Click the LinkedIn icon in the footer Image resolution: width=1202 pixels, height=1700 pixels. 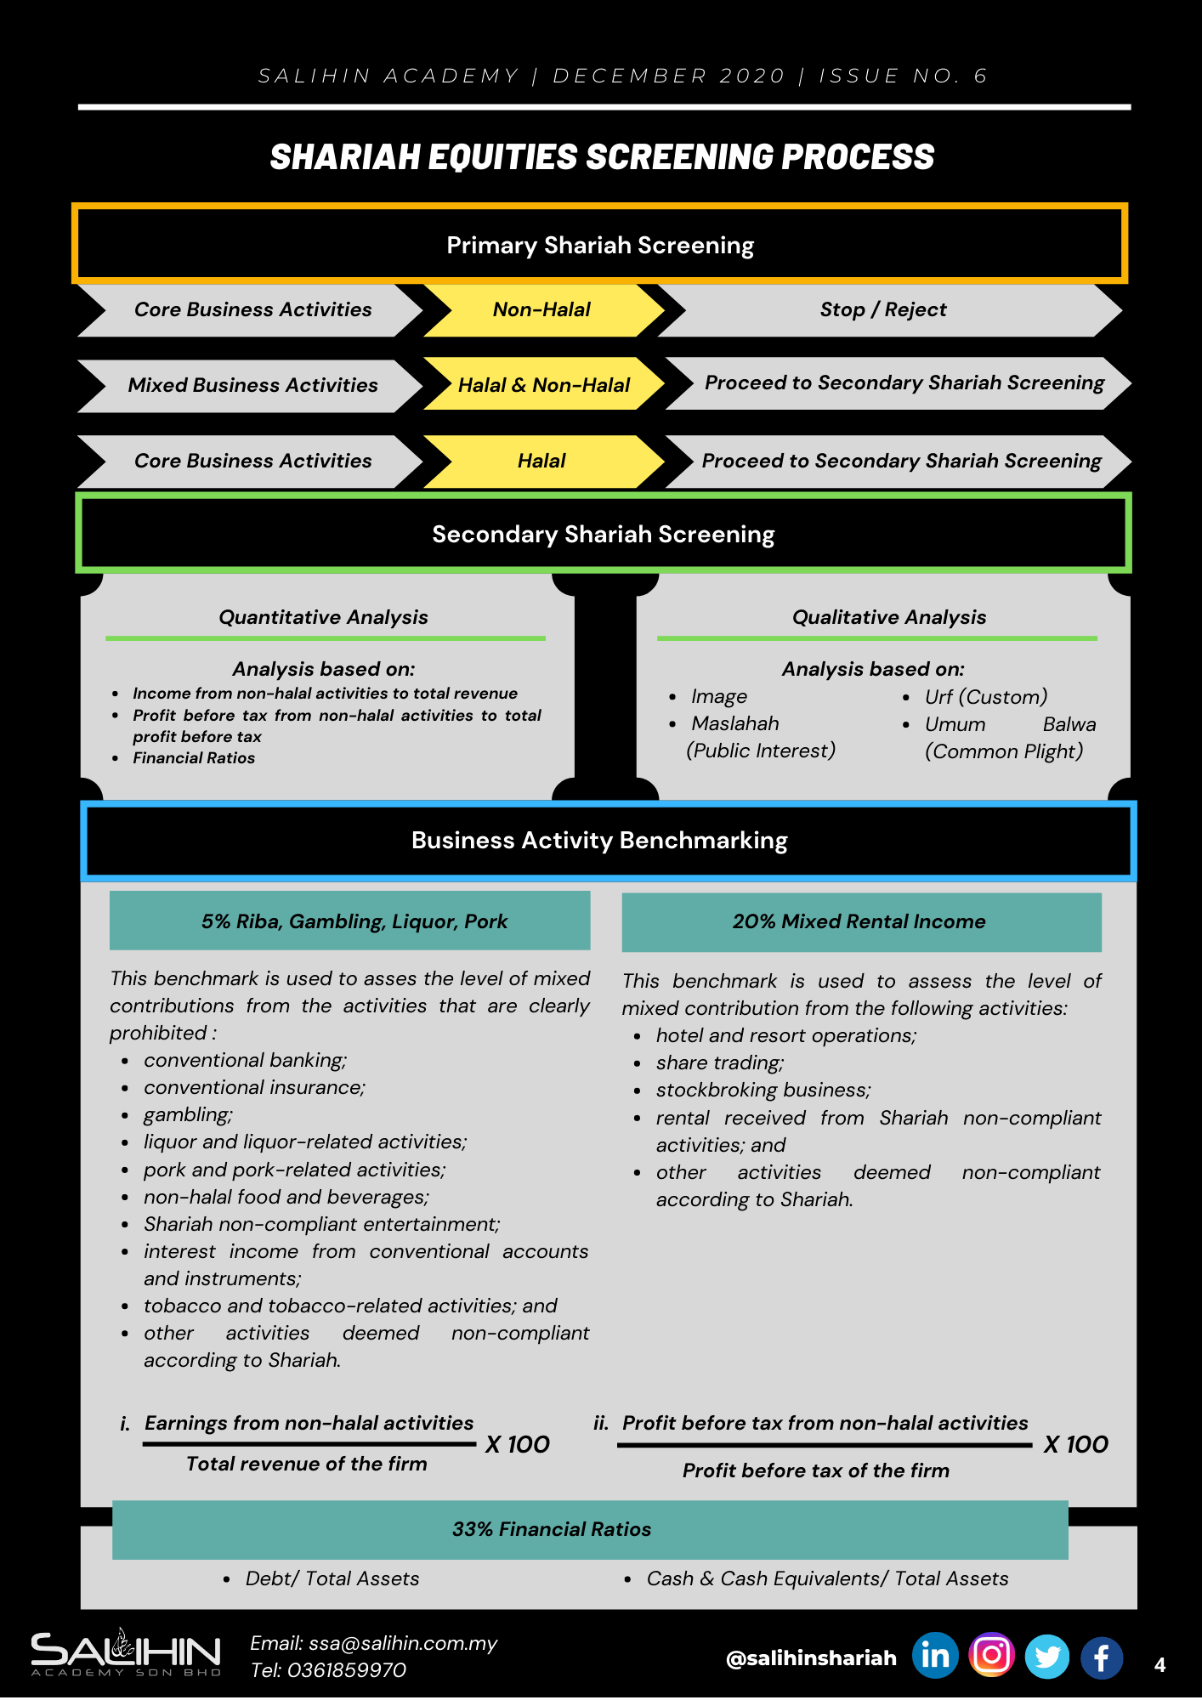point(935,1656)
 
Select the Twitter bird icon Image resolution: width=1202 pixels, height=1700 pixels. point(1047,1657)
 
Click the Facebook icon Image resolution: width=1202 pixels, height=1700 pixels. point(1102,1657)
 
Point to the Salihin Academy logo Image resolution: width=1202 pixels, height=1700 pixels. point(126,1653)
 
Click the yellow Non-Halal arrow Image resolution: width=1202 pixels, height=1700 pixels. point(541,309)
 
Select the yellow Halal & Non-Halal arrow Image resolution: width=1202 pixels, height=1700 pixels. point(543,385)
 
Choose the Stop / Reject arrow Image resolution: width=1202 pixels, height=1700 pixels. point(883,309)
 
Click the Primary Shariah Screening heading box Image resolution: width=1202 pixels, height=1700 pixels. point(600,245)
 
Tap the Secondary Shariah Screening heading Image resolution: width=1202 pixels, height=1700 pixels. point(603,534)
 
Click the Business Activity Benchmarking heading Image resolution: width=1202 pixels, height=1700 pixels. point(600,840)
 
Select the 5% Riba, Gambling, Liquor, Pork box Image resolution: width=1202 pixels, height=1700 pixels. point(354,921)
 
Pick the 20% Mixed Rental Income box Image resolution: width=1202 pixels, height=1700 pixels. point(859,921)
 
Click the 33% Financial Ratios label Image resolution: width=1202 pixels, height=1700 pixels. point(552,1529)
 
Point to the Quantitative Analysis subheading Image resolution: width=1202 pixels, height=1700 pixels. point(323,617)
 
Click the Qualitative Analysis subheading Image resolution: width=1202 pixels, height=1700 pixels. point(889,617)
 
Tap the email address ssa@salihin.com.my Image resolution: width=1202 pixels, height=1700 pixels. point(403,1643)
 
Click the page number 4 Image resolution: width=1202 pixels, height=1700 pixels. point(1159,1665)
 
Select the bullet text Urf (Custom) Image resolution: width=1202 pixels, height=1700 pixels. point(986,697)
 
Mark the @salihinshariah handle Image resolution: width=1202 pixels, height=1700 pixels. point(811,1657)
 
